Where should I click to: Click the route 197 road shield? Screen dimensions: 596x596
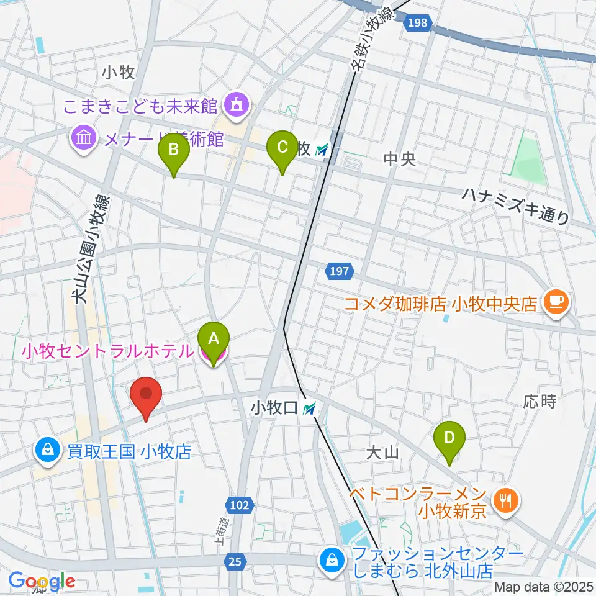pyautogui.click(x=339, y=271)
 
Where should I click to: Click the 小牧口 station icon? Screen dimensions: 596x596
pyautogui.click(x=310, y=409)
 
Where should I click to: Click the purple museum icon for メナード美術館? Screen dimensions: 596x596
pyautogui.click(x=83, y=138)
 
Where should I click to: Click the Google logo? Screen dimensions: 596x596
pyautogui.click(x=42, y=581)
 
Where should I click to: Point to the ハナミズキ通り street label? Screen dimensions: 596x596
pyautogui.click(x=515, y=205)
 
